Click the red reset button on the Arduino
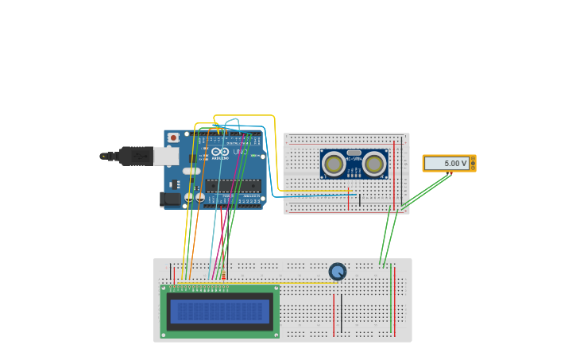pyautogui.click(x=173, y=137)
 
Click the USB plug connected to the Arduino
pyautogui.click(x=136, y=156)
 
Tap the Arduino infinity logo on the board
pyautogui.click(x=220, y=151)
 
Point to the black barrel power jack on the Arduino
pyautogui.click(x=170, y=199)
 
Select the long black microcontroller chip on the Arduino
pyautogui.click(x=233, y=186)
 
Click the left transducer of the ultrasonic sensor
pyautogui.click(x=334, y=164)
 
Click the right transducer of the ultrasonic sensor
pyautogui.click(x=374, y=164)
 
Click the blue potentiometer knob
pyautogui.click(x=338, y=272)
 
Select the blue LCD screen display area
pyautogui.click(x=220, y=311)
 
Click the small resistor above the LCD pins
pyautogui.click(x=223, y=276)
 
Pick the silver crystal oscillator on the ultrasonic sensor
pyautogui.click(x=354, y=153)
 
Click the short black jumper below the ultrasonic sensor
pyautogui.click(x=360, y=199)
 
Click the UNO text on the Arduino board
pyautogui.click(x=240, y=151)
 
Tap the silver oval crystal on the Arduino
pyautogui.click(x=191, y=170)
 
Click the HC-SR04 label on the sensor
pyautogui.click(x=354, y=160)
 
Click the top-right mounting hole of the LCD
pyautogui.click(x=276, y=288)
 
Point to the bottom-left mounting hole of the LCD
pyautogui.click(x=164, y=334)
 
